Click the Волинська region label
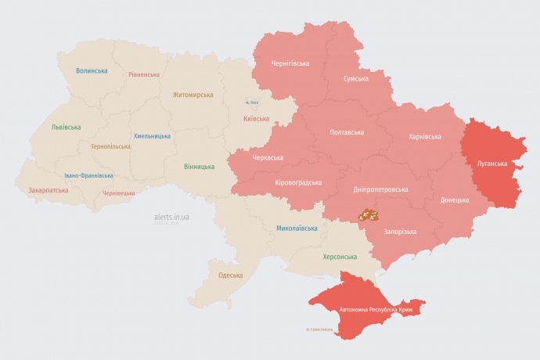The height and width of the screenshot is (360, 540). click(92, 71)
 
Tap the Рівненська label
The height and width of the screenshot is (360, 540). click(144, 74)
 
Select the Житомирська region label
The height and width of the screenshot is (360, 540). click(193, 95)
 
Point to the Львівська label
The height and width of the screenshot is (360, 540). click(66, 127)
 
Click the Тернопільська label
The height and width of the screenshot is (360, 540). click(111, 146)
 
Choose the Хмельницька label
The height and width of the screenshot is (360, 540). click(152, 135)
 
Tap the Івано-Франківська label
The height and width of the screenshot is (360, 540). click(88, 175)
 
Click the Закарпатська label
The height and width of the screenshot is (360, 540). click(49, 190)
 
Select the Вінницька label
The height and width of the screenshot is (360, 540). click(200, 167)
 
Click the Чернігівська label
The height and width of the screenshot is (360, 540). click(290, 63)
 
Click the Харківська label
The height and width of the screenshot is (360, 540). click(425, 137)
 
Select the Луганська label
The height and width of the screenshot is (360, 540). click(491, 164)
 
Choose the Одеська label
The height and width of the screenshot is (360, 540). click(230, 275)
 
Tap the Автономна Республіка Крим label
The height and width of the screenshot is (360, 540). click(376, 310)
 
